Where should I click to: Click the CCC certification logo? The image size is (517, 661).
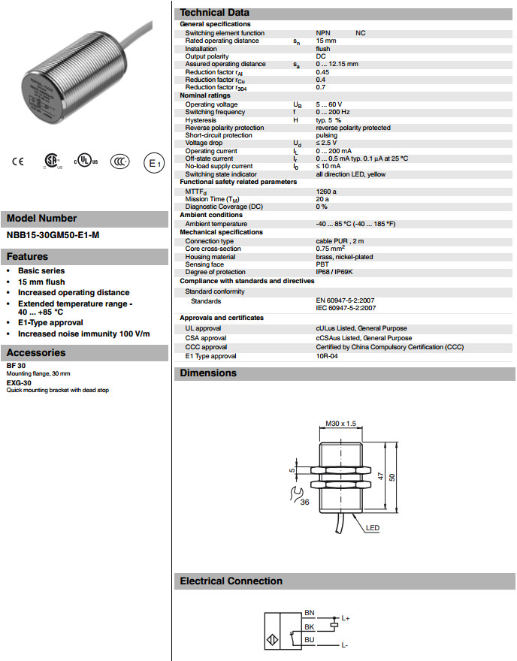119,161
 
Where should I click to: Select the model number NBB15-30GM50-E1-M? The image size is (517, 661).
53,235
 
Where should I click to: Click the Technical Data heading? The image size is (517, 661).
215,13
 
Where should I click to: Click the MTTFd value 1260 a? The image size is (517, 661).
327,192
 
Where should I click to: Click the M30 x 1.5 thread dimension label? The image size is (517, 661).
341,424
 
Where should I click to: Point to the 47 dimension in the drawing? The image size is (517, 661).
381,476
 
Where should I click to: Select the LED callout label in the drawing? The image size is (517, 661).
373,528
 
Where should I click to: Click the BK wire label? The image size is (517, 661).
309,626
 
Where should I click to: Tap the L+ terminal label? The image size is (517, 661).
346,618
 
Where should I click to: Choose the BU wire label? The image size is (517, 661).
309,639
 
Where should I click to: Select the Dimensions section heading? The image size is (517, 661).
208,373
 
